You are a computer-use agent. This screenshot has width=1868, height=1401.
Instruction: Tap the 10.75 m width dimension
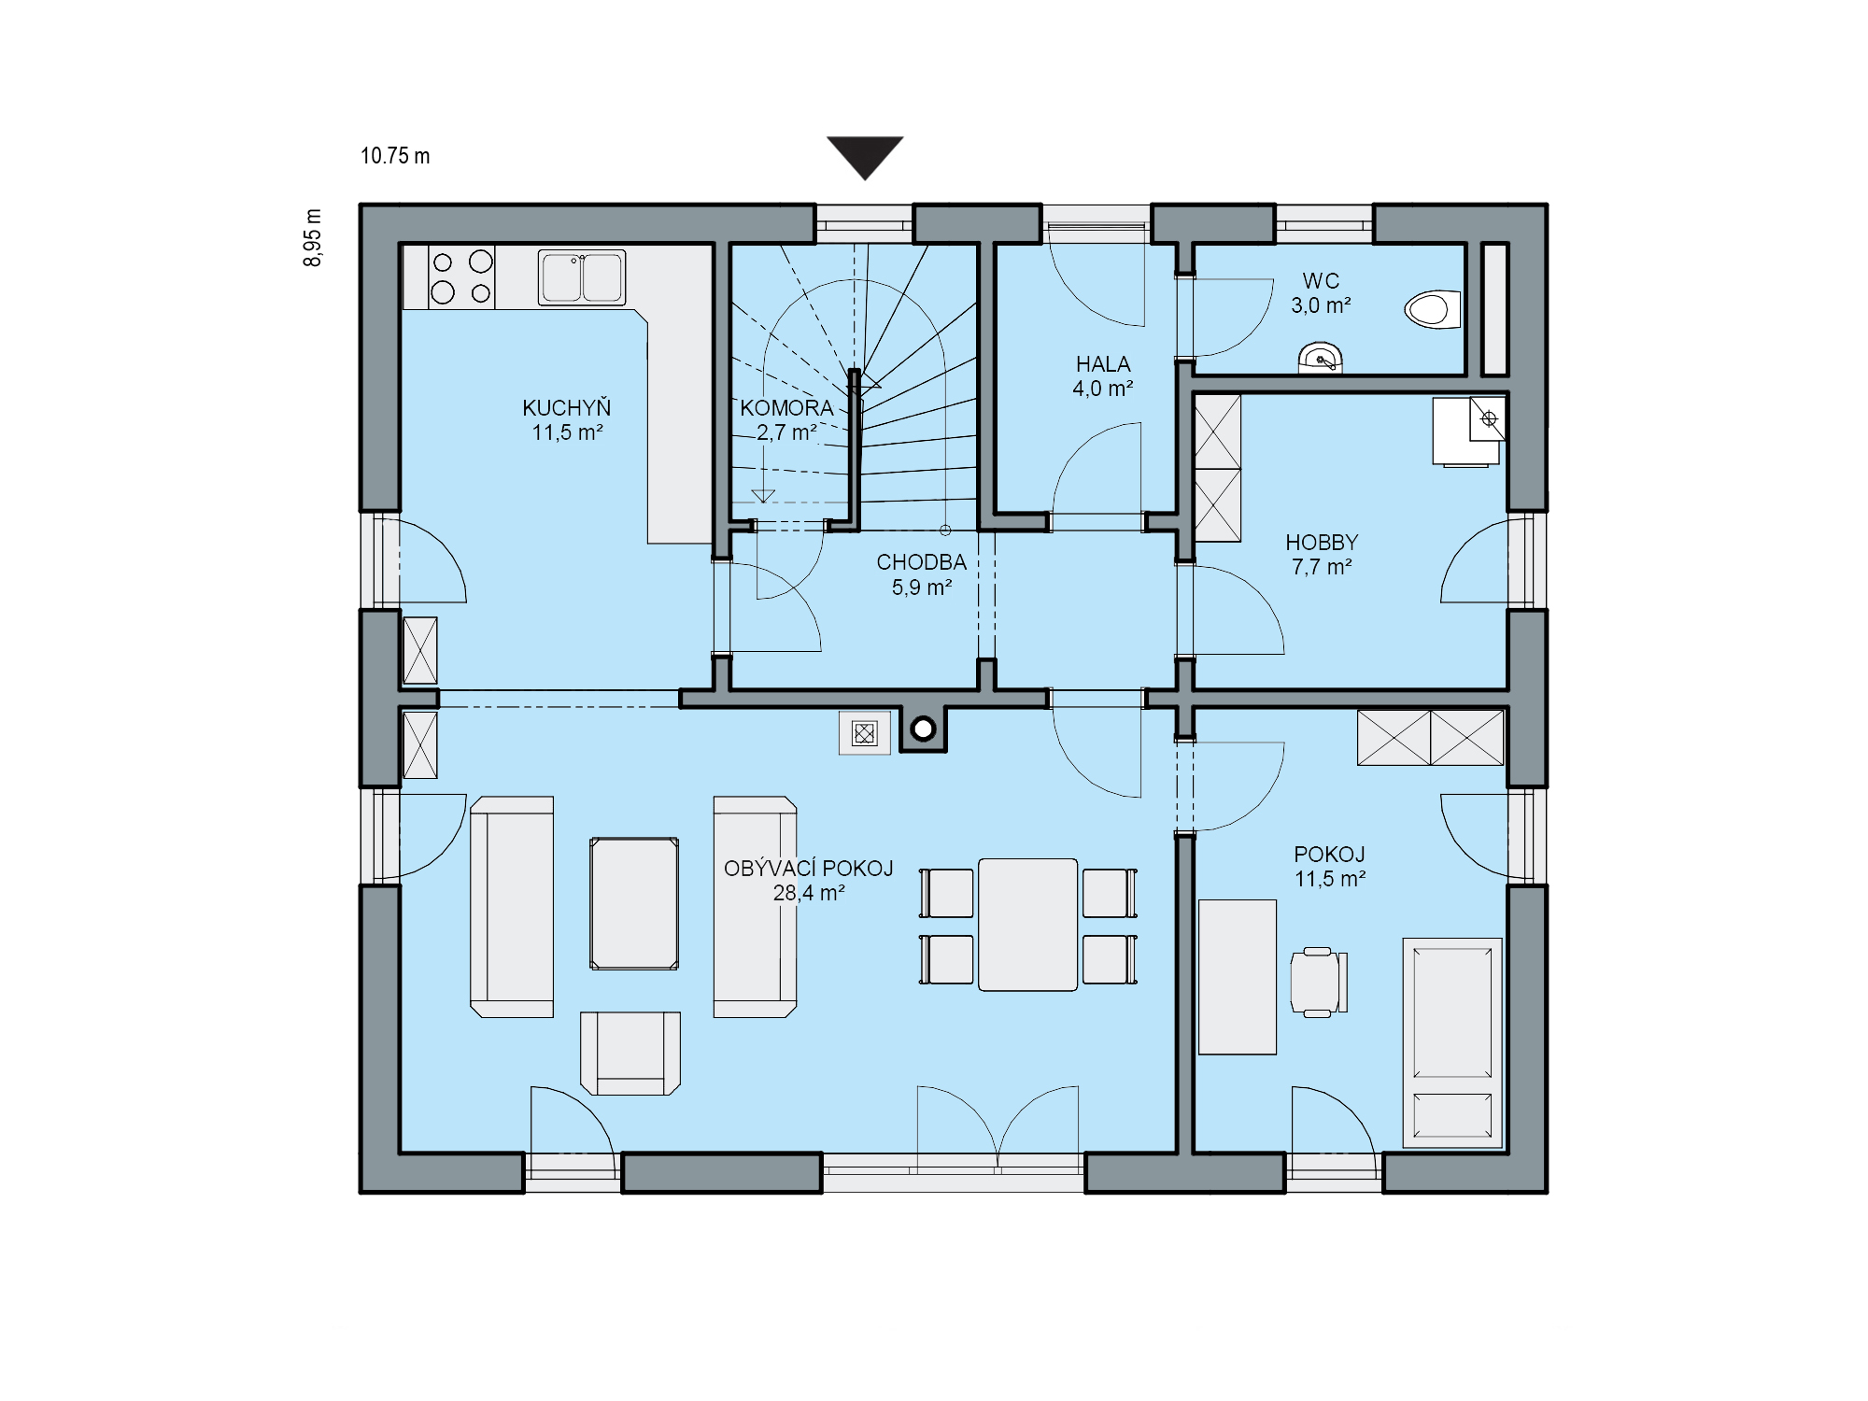(395, 156)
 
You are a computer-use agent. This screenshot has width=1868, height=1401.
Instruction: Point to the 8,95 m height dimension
(313, 237)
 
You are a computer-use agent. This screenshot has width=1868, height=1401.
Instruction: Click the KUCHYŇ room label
(567, 408)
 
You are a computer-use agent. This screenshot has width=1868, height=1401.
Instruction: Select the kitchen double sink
(582, 277)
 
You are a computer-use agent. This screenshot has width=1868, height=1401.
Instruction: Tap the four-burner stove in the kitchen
(462, 276)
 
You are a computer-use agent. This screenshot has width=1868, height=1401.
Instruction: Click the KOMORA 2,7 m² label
(786, 420)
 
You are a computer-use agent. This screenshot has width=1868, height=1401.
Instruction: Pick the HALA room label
(1103, 364)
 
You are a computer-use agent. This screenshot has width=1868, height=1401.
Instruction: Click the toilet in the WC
(1433, 309)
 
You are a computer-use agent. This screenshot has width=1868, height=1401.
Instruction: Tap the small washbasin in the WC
(1321, 359)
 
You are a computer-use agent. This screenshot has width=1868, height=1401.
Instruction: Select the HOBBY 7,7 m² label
(1322, 555)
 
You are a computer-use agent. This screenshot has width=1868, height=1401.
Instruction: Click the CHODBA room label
(921, 562)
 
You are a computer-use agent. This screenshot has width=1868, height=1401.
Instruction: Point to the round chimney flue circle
(924, 729)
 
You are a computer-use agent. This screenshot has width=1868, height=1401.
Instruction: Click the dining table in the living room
(1027, 925)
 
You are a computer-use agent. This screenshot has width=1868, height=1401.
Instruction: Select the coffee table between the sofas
(634, 903)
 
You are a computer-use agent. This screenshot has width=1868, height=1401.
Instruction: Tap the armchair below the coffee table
(630, 1053)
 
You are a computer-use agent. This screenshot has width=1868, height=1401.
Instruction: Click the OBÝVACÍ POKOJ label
(809, 869)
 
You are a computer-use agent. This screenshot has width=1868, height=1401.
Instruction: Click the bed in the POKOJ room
(1452, 1042)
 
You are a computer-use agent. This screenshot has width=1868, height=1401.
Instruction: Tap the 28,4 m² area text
(809, 893)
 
